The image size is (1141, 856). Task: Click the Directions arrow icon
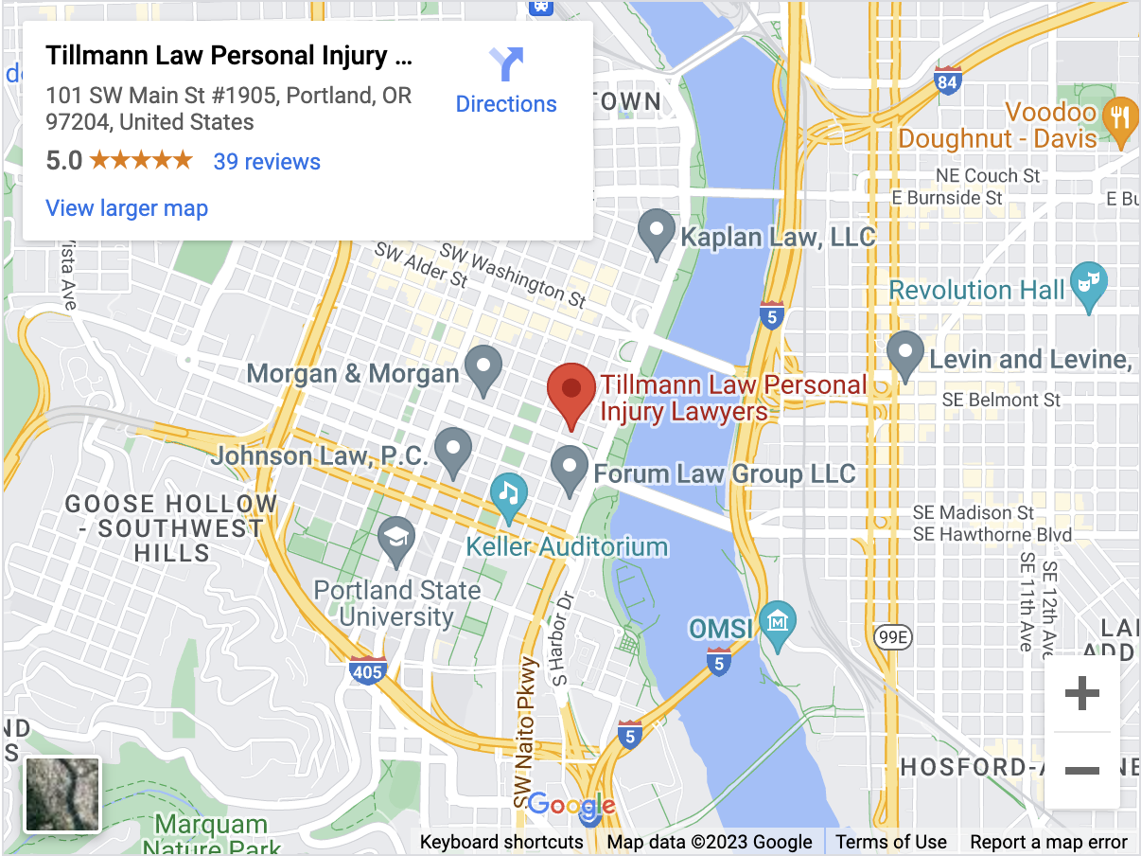pyautogui.click(x=507, y=64)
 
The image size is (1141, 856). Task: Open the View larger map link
pyautogui.click(x=127, y=208)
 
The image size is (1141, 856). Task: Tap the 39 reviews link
pyautogui.click(x=267, y=162)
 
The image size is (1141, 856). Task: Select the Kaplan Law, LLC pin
pyautogui.click(x=657, y=233)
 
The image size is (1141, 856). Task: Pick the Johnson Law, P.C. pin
pyautogui.click(x=453, y=451)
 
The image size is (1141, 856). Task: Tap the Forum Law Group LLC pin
pyautogui.click(x=570, y=470)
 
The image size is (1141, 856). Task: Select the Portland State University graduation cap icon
pyautogui.click(x=396, y=539)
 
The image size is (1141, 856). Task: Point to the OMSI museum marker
pyautogui.click(x=778, y=623)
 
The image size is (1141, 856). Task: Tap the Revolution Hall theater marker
pyautogui.click(x=1088, y=285)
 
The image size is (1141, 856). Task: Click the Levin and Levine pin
pyautogui.click(x=905, y=355)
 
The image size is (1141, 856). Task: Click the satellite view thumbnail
pyautogui.click(x=62, y=794)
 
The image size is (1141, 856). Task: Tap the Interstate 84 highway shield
pyautogui.click(x=948, y=80)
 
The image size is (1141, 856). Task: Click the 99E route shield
pyautogui.click(x=892, y=637)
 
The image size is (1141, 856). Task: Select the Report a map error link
pyautogui.click(x=1048, y=842)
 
